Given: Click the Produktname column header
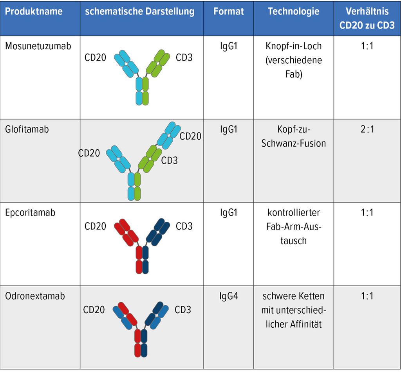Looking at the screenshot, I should point(34,11).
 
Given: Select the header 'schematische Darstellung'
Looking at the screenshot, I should point(140,11).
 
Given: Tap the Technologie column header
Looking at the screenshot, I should point(293,11).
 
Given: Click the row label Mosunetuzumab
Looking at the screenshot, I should point(38,46).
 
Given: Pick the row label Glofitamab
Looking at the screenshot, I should point(27,129).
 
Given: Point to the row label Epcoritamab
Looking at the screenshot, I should point(30,213).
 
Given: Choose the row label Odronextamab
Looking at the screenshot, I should point(35,296).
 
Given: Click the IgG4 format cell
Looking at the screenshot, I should point(229,296).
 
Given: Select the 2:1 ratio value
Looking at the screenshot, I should point(367,129).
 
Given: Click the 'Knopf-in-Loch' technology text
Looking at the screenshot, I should point(293,46).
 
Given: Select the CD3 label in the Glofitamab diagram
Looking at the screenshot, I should point(169,160).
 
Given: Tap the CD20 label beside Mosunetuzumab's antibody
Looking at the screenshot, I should point(95,58).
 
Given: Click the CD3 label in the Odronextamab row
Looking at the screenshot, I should point(183,310).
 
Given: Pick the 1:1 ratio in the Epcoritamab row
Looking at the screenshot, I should point(367,213).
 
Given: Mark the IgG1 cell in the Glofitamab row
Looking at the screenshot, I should point(229,129).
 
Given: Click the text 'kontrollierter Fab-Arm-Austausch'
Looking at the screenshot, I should point(293,227).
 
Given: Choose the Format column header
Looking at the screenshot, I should point(229,11).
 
